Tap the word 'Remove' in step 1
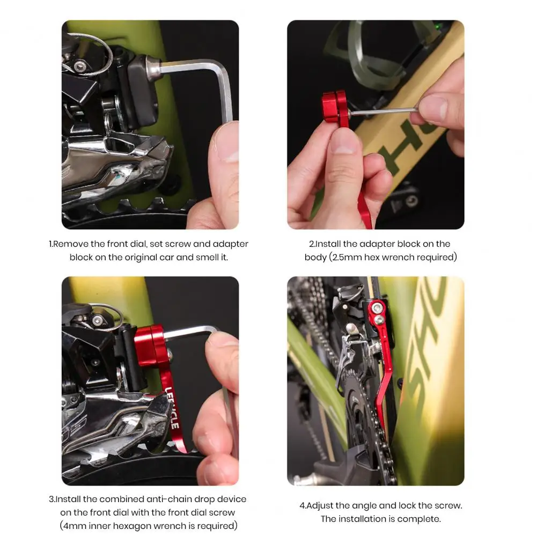coord(71,244)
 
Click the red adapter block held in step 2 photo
coord(335,107)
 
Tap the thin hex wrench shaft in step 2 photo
coord(383,111)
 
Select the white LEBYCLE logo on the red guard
coord(172,408)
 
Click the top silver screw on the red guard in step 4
coord(377,307)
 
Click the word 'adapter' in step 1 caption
coord(231,244)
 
